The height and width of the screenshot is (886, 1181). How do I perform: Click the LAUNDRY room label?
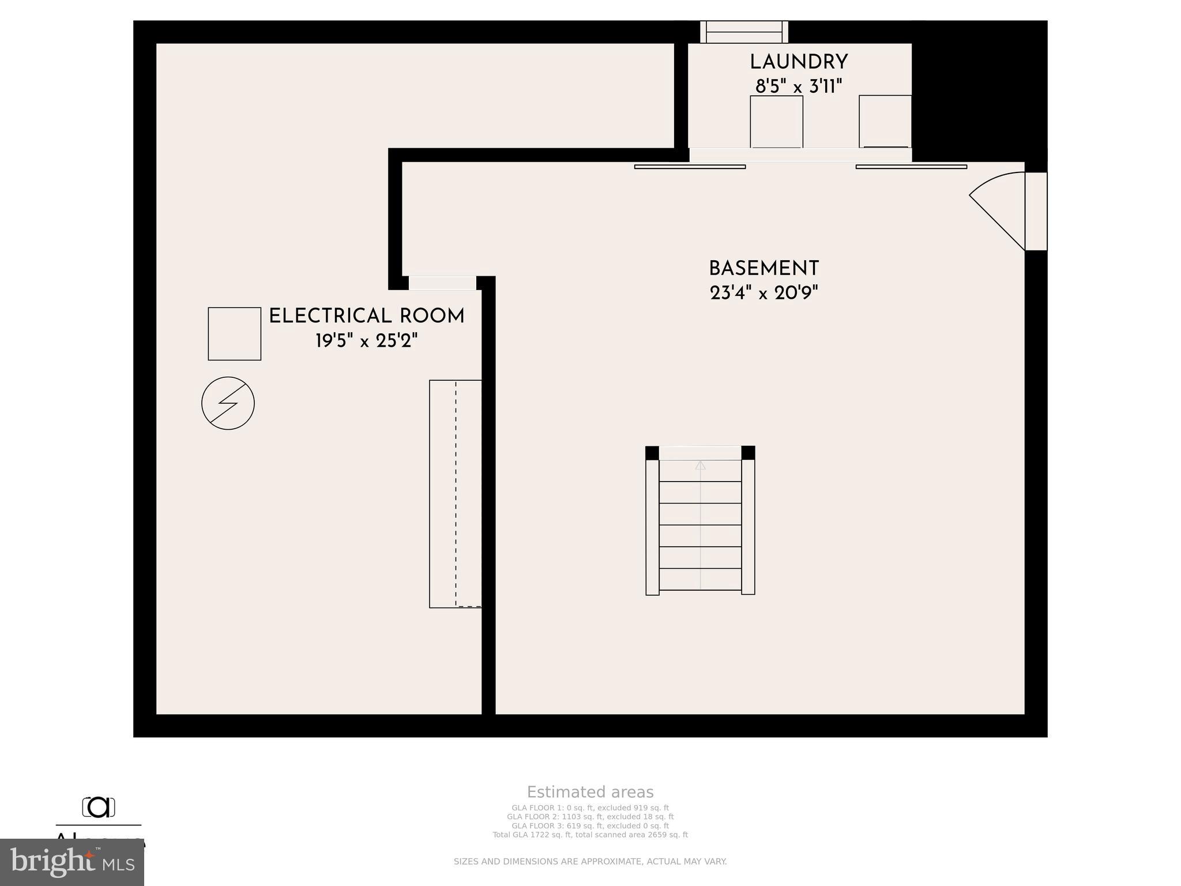(x=798, y=62)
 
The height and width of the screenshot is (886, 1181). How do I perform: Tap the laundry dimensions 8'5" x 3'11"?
(x=798, y=87)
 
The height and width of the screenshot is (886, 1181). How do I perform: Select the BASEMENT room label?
(x=763, y=269)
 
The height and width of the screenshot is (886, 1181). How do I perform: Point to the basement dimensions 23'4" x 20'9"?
(x=763, y=293)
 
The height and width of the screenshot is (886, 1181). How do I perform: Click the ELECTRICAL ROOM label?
(x=367, y=316)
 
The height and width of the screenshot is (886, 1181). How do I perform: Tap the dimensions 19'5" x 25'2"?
(x=367, y=341)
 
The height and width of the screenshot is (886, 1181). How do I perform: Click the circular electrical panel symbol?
(x=228, y=403)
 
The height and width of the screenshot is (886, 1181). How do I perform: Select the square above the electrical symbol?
(x=234, y=334)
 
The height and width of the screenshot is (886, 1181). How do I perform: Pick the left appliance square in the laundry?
(x=776, y=122)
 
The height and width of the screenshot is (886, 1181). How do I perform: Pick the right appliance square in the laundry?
(x=885, y=122)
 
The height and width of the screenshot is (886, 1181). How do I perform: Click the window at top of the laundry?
(x=744, y=32)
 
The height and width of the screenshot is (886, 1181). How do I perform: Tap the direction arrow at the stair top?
(x=700, y=465)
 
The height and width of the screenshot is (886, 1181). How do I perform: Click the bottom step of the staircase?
(x=700, y=579)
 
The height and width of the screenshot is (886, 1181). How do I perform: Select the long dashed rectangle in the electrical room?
(x=455, y=494)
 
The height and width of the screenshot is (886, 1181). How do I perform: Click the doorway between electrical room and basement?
(x=442, y=283)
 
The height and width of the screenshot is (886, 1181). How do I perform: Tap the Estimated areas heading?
(x=590, y=792)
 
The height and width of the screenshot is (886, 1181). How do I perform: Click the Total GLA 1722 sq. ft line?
(x=590, y=835)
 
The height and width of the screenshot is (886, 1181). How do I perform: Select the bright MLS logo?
(x=72, y=862)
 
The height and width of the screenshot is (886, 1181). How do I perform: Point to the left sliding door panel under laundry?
(x=690, y=167)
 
